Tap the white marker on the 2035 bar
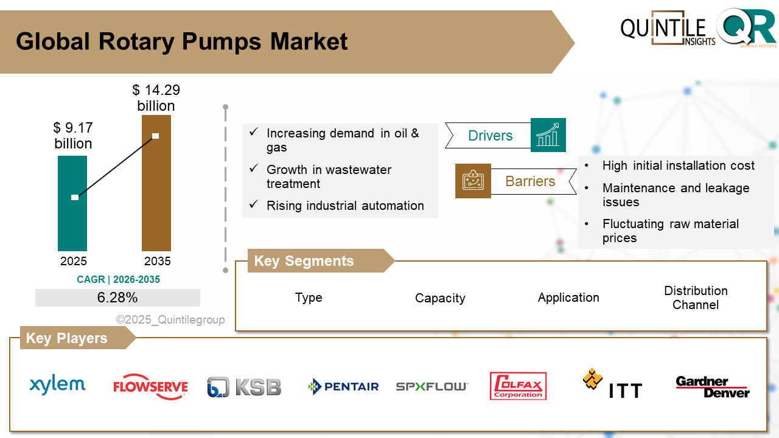[156, 136]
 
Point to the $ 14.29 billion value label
[156, 98]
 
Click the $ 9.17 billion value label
[73, 136]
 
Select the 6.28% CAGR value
[117, 297]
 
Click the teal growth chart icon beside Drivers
[548, 135]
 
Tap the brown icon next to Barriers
[473, 181]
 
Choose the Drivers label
[490, 136]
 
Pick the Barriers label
[530, 181]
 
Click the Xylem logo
[57, 384]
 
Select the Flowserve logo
[150, 387]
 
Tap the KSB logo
[244, 387]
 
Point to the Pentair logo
[343, 386]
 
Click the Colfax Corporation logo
[518, 386]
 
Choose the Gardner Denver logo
[712, 387]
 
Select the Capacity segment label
[440, 298]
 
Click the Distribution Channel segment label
[696, 298]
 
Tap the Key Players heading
[66, 338]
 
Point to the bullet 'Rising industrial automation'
[345, 206]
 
